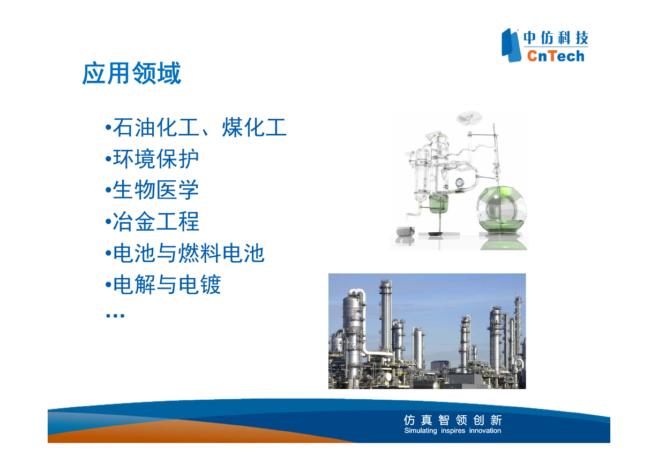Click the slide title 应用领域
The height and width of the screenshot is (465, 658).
(x=132, y=73)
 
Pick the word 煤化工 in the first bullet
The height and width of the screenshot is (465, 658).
(x=254, y=127)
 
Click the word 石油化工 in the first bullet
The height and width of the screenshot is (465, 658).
(x=156, y=127)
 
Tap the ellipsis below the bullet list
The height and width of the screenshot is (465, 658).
(x=115, y=316)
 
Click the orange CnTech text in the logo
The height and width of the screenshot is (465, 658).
(x=556, y=56)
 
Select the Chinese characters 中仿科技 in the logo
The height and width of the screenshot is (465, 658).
(x=556, y=37)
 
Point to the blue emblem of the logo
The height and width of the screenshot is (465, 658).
(x=511, y=45)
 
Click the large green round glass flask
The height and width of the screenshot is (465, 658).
(x=502, y=209)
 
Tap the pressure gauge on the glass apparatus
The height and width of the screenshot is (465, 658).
(x=459, y=182)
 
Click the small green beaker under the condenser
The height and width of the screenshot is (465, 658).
(x=439, y=203)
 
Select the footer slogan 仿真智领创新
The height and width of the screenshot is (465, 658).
(x=453, y=420)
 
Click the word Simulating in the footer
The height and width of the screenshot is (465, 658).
(x=420, y=431)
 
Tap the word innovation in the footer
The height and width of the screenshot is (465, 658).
(x=485, y=431)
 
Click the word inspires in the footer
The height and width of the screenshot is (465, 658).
(x=453, y=431)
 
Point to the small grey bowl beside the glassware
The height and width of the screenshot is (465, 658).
(x=406, y=231)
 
